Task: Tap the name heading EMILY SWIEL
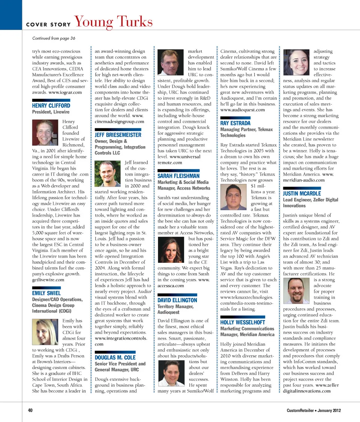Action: coord(46,293)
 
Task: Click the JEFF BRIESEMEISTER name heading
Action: coord(118,135)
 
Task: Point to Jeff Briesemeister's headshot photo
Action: coord(108,173)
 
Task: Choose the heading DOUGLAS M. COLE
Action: coord(115,357)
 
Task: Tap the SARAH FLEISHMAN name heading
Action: coord(178,176)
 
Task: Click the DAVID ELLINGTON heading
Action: coord(177,300)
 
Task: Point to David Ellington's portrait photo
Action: coord(171,372)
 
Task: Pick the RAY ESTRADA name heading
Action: coord(235,123)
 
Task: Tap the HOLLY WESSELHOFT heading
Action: coord(243,323)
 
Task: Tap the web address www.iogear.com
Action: coord(64,92)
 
